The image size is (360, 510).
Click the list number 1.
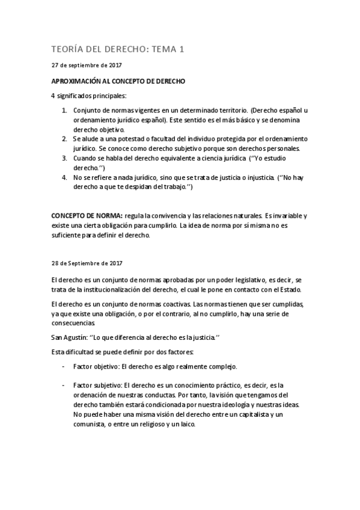coord(64,111)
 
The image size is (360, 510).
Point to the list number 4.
coord(64,178)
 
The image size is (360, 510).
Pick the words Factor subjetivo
coord(95,385)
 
